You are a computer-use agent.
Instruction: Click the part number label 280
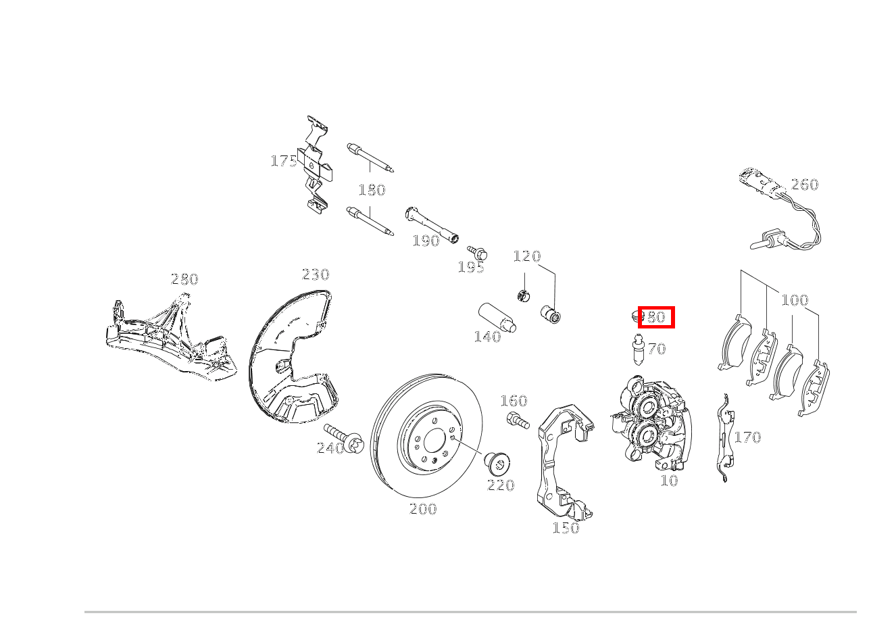[x=184, y=279]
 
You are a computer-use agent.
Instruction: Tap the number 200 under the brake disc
[x=423, y=509]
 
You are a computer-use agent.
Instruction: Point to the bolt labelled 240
[x=344, y=439]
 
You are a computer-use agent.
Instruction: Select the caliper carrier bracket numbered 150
[x=565, y=463]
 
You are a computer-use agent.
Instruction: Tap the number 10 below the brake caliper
[x=669, y=481]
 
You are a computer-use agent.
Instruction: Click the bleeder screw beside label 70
[x=638, y=350]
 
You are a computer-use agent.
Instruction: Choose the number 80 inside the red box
[x=656, y=318]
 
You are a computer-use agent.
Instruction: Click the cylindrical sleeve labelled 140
[x=497, y=318]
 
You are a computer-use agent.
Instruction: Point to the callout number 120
[x=527, y=256]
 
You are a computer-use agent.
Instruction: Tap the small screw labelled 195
[x=477, y=253]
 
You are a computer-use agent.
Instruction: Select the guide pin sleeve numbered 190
[x=432, y=225]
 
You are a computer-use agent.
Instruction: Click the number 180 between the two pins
[x=372, y=190]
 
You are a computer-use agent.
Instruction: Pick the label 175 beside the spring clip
[x=284, y=162]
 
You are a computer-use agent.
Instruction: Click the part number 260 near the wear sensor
[x=805, y=185]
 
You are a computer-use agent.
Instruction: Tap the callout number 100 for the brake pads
[x=795, y=300]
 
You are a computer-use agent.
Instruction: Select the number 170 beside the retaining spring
[x=747, y=437]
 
